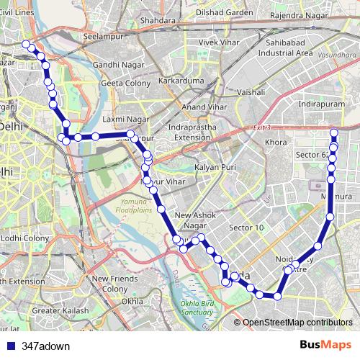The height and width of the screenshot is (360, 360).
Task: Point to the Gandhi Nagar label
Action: click(115, 66)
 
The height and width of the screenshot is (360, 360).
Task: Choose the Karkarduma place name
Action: click(181, 81)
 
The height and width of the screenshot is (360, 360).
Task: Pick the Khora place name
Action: click(275, 143)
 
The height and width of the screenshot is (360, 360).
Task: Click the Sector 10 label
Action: click(246, 228)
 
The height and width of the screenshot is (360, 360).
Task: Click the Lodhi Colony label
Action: click(24, 236)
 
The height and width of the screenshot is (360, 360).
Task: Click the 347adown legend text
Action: click(47, 346)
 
